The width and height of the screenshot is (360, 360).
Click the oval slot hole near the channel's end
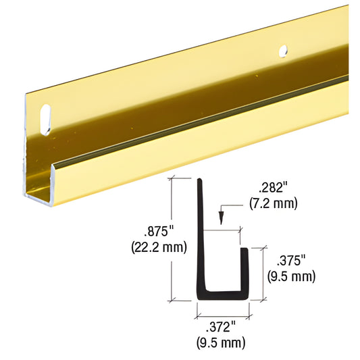point(45,120)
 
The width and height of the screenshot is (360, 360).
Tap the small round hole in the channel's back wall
point(283,51)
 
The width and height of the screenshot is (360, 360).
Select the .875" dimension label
point(159,232)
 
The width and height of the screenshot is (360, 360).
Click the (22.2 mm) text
point(159,247)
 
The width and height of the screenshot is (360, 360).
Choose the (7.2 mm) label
point(274,203)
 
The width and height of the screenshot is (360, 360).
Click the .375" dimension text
point(291,261)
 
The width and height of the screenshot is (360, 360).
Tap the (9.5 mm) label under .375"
point(291,276)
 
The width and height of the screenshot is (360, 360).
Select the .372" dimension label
point(221,327)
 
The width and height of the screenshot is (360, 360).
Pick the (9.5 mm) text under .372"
point(221,342)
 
